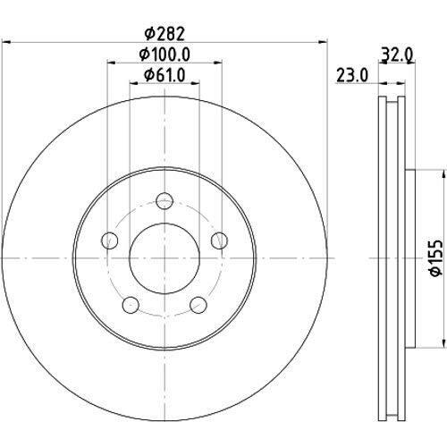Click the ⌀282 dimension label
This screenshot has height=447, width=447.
(x=164, y=34)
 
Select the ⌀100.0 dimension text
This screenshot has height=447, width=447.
(x=164, y=55)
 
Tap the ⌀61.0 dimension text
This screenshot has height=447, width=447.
(x=164, y=75)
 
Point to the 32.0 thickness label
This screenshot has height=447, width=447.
(x=397, y=55)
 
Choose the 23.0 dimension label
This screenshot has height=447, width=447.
(x=352, y=75)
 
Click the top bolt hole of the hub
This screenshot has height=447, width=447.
(x=164, y=201)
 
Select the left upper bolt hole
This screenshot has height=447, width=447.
(x=109, y=240)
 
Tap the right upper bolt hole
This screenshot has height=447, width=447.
(x=219, y=240)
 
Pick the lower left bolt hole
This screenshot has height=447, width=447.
(x=131, y=305)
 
